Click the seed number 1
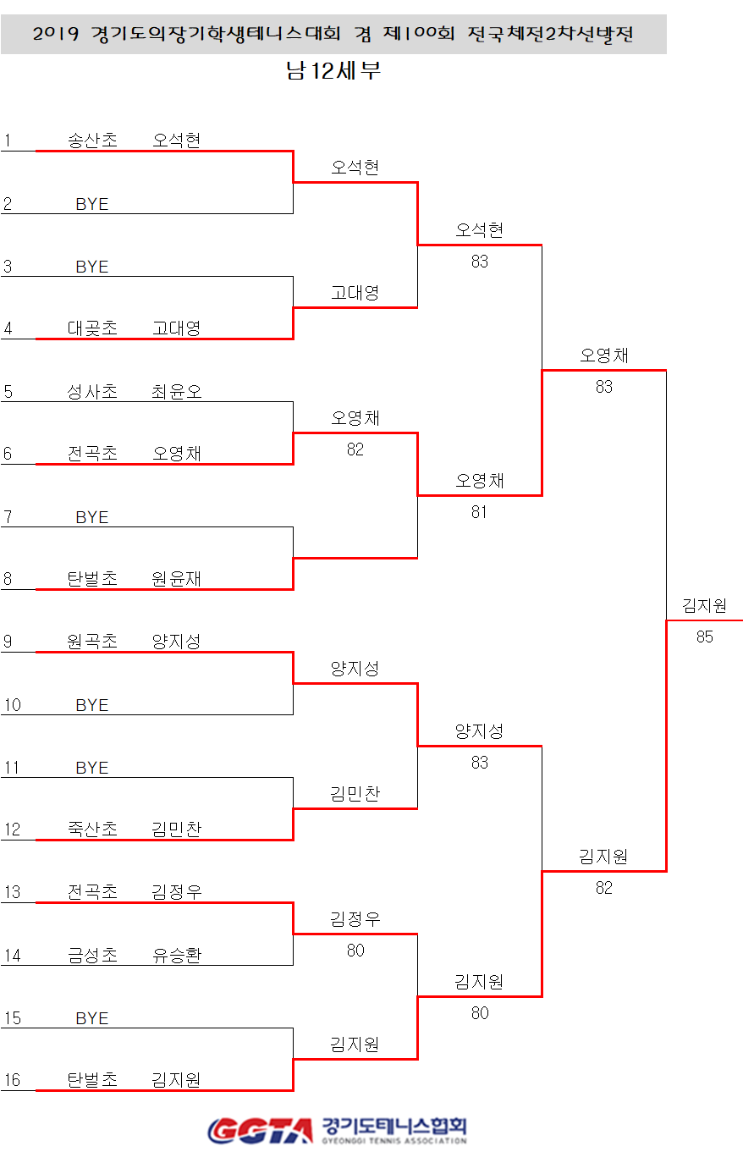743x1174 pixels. coord(8,141)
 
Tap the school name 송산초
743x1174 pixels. coord(92,141)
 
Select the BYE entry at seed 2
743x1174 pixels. coord(92,204)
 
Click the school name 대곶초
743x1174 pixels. coord(92,328)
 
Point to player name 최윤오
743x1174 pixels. coord(177,391)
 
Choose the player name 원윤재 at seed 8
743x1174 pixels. coord(177,579)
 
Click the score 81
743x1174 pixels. coord(480,512)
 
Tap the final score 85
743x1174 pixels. coord(705,637)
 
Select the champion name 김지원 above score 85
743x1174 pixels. coord(704,606)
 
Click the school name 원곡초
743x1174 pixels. coord(92,642)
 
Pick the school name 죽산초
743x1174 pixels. coord(92,830)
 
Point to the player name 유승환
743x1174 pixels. coord(177,955)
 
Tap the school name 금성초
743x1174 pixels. coord(92,955)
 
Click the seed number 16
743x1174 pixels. coord(12,1080)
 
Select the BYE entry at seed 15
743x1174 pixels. coord(92,1018)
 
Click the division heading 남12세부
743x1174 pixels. coord(333,71)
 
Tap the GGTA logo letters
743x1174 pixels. coord(260,1131)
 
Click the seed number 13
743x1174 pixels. coord(12,892)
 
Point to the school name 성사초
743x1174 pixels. coord(92,391)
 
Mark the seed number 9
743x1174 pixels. coord(8,642)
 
